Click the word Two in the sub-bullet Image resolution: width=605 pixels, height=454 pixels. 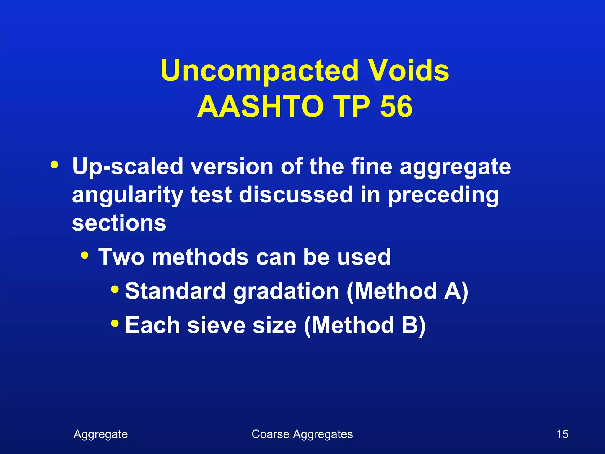(121, 257)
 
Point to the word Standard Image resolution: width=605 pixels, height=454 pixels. (175, 291)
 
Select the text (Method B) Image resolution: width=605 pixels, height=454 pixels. (365, 325)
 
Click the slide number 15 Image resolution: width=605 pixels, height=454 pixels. (562, 434)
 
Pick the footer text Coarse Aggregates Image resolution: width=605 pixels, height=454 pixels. (302, 434)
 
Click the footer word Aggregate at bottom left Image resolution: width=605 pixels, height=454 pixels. (101, 434)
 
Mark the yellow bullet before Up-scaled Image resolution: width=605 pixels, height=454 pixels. (54, 164)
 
